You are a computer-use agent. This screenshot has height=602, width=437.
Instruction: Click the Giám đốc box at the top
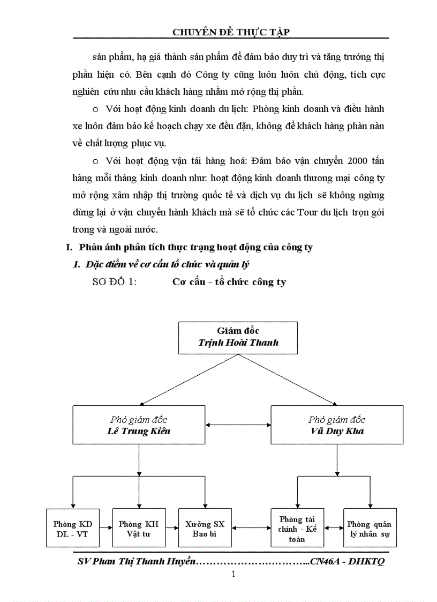[238, 337]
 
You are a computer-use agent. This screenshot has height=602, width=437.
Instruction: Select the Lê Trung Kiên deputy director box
[139, 425]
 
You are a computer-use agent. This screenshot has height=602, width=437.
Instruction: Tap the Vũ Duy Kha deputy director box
[336, 425]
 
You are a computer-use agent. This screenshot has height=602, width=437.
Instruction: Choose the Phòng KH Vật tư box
[138, 528]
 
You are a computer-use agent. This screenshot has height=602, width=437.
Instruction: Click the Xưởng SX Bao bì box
[205, 528]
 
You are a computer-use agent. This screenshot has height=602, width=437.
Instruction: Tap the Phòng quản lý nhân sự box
[370, 528]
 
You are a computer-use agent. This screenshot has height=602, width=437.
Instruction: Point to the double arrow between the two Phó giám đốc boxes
[238, 425]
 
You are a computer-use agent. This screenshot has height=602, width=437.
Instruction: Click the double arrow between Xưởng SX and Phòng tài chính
[251, 529]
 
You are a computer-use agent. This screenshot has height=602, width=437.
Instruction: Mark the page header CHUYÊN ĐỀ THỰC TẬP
[231, 32]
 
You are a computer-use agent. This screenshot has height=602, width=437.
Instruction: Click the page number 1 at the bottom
[233, 575]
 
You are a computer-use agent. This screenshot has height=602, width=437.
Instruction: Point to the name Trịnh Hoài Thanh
[238, 343]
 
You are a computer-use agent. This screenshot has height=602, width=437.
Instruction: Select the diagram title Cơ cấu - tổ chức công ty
[229, 282]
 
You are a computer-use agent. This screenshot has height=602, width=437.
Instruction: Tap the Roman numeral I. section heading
[69, 247]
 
